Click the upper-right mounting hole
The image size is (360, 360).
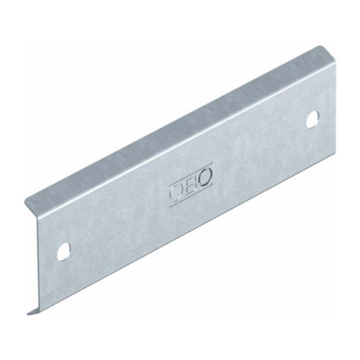click(313, 119)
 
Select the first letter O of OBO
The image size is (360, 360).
click(176, 194)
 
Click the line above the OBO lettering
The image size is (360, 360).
click(190, 174)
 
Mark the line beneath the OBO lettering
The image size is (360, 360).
click(191, 196)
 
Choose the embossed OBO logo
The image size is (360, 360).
click(191, 185)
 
